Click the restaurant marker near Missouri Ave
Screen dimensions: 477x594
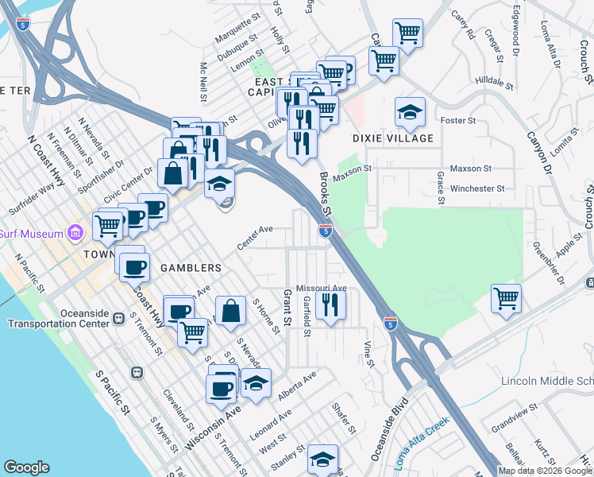click(x=330, y=305)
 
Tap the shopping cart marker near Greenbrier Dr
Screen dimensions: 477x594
click(x=506, y=299)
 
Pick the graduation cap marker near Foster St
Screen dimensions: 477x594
click(x=410, y=113)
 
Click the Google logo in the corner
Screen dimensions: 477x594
click(x=26, y=467)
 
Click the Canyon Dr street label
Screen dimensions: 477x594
click(x=538, y=150)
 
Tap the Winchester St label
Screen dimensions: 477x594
click(x=477, y=189)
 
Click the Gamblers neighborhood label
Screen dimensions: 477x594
click(x=187, y=267)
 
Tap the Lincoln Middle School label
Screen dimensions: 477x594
click(x=547, y=382)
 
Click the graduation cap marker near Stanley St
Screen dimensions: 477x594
click(x=322, y=460)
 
